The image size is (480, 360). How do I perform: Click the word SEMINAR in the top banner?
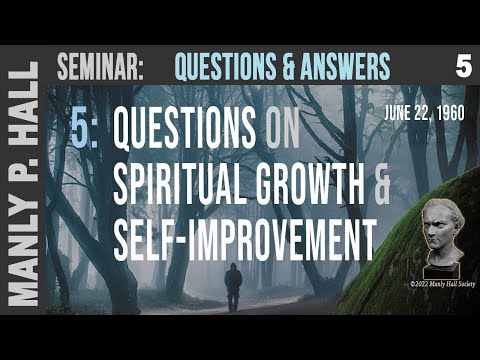pyautogui.click(x=101, y=66)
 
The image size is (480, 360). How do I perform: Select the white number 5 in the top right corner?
pyautogui.click(x=462, y=66)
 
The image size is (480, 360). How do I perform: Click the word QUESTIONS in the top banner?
pyautogui.click(x=216, y=66)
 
